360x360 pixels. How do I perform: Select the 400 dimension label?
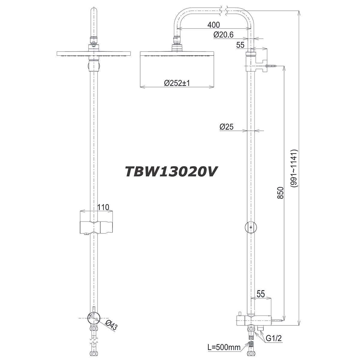[x=214, y=25]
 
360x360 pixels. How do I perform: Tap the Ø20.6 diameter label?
[x=223, y=35]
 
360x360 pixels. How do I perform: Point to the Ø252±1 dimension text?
[x=177, y=83]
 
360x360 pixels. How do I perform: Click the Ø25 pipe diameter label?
[x=226, y=127]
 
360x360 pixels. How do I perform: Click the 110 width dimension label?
[x=103, y=207]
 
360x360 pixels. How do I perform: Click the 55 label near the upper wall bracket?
[x=240, y=45]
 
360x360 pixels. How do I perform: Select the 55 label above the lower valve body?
[x=261, y=294]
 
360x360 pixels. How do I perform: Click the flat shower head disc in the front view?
[x=94, y=54]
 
